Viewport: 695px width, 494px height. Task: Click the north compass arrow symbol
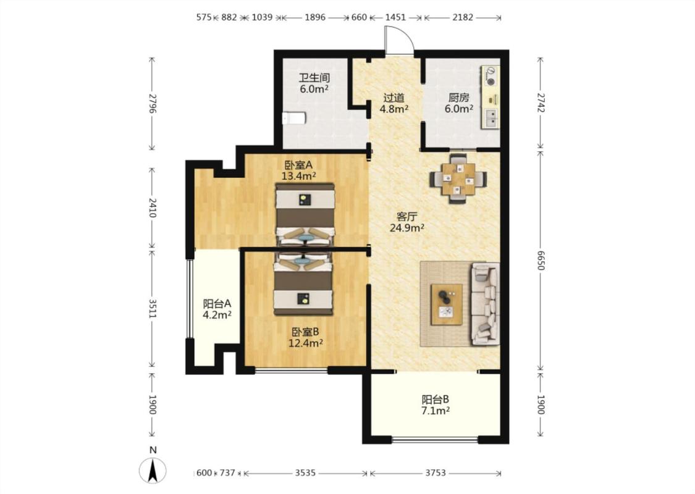pyautogui.click(x=153, y=471)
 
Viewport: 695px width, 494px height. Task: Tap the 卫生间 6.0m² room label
pyautogui.click(x=314, y=83)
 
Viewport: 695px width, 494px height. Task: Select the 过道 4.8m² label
pyautogui.click(x=394, y=103)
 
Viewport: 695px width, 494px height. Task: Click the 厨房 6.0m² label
pyautogui.click(x=459, y=103)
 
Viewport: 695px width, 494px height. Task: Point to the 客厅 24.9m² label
pyautogui.click(x=407, y=222)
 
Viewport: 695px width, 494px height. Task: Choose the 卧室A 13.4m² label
pyautogui.click(x=299, y=170)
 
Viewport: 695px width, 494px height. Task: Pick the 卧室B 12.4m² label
pyautogui.click(x=305, y=337)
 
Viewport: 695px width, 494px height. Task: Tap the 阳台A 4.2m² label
pyautogui.click(x=217, y=309)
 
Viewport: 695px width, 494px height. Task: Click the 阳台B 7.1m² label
pyautogui.click(x=436, y=405)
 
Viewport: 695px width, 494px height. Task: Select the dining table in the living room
pyautogui.click(x=458, y=178)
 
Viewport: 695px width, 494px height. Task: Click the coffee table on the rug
pyautogui.click(x=447, y=304)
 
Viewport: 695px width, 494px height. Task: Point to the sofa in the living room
pyautogui.click(x=485, y=303)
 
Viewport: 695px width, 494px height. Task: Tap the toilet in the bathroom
pyautogui.click(x=294, y=118)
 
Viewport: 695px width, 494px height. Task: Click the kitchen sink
pyautogui.click(x=492, y=118)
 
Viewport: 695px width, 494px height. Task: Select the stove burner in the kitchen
pyautogui.click(x=491, y=76)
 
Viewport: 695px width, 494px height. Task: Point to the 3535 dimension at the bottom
pyautogui.click(x=305, y=473)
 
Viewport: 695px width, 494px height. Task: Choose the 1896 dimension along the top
pyautogui.click(x=315, y=17)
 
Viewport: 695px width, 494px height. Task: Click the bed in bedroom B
pyautogui.click(x=304, y=283)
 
